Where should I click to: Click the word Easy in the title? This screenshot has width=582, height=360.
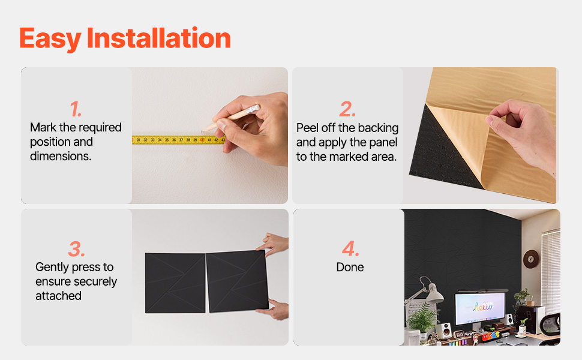tap(50, 39)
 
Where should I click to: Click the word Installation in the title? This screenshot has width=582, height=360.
tap(159, 38)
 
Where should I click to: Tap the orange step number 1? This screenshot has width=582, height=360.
tap(76, 109)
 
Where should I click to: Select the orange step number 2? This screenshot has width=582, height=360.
tap(347, 109)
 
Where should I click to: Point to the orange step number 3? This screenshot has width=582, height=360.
tap(76, 248)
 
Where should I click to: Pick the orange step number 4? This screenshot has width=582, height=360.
tap(350, 248)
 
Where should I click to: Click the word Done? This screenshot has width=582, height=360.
tap(350, 267)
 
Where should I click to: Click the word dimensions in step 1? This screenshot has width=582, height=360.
tap(61, 156)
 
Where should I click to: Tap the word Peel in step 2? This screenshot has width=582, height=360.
tap(307, 128)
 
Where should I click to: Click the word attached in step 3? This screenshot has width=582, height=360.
tap(58, 296)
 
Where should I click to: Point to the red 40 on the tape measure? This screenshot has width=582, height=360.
tap(202, 140)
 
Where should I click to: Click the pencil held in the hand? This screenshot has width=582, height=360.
tap(230, 118)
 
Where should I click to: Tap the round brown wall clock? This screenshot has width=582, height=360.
tap(531, 259)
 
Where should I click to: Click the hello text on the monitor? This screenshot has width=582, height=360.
tap(482, 307)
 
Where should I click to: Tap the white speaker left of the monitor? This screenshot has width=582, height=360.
tap(444, 330)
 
